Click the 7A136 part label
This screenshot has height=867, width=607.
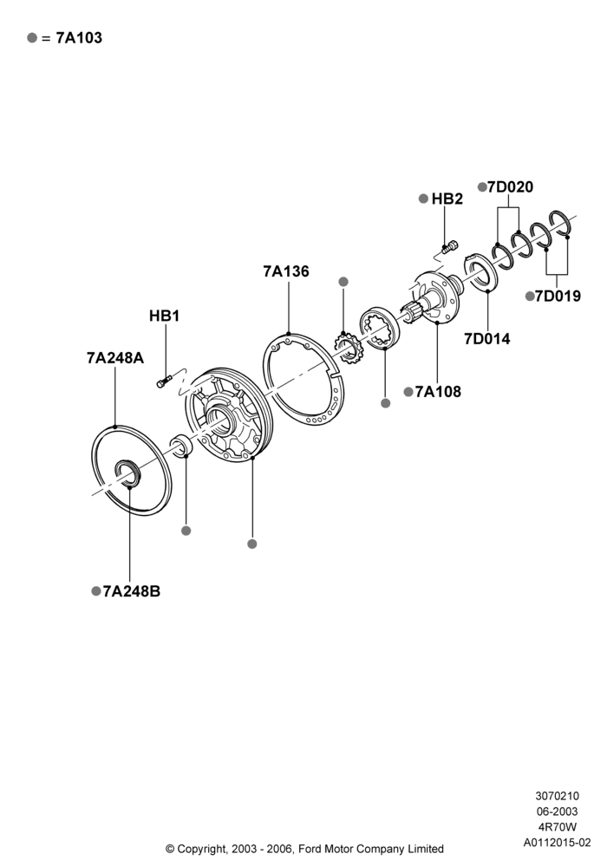[286, 271]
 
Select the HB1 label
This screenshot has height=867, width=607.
[164, 316]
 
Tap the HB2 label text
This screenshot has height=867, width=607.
[447, 199]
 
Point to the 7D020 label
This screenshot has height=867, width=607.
[510, 187]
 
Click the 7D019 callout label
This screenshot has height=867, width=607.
[558, 296]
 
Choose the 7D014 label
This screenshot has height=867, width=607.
[487, 338]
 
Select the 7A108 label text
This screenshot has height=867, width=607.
[438, 392]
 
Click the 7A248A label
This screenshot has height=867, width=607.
[115, 358]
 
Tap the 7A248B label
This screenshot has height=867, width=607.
[132, 591]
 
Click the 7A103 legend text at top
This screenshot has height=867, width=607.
[79, 37]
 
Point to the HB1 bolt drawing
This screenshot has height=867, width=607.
[164, 381]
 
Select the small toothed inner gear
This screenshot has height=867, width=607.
[347, 348]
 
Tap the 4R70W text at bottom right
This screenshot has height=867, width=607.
[558, 827]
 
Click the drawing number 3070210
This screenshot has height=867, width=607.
[558, 796]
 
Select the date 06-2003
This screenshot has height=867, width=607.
[558, 812]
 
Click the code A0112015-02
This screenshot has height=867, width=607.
[558, 843]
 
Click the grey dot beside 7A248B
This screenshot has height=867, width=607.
[95, 591]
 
